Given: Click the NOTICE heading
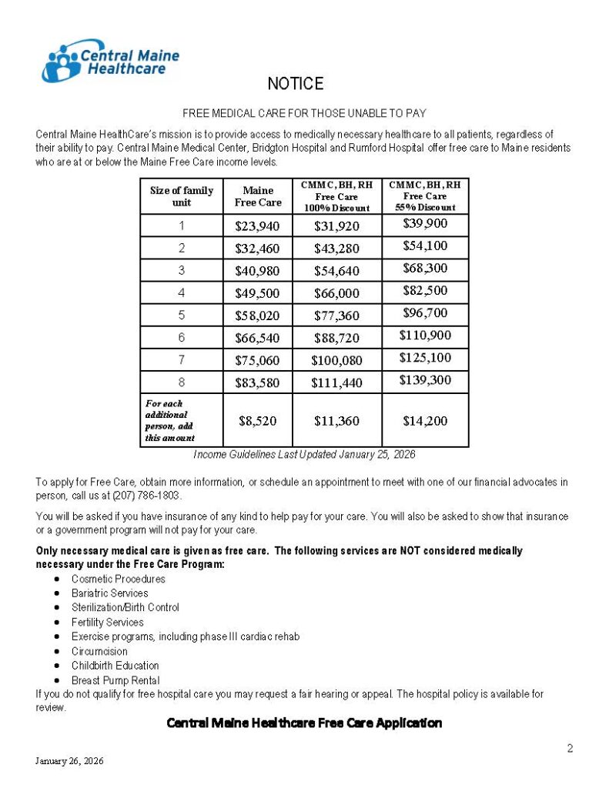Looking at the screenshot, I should pos(295,83).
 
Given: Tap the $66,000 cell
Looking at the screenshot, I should pos(337,293).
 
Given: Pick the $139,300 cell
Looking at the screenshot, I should pos(425,380).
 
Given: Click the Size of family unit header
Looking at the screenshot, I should pos(182,196).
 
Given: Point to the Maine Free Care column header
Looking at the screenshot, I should pos(258,196).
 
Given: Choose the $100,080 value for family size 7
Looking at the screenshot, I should pos(337,360).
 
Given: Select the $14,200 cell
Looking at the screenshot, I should pos(425,421).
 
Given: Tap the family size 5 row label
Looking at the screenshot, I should pos(182,316).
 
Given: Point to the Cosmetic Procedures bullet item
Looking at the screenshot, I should pos(118,579).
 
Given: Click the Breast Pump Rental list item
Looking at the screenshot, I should pos(115,680).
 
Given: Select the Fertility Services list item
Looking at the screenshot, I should pos(107,622).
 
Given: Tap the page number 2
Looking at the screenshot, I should pos(570,748).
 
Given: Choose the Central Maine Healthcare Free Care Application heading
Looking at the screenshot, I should pos(304,723).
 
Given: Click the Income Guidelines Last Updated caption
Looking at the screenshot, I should pos(304,455).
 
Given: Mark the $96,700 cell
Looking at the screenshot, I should pos(425,313).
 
